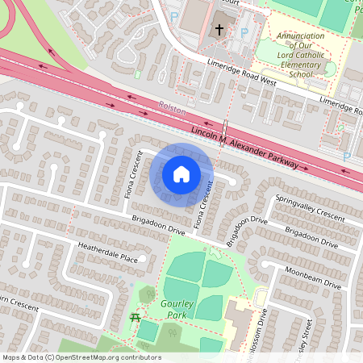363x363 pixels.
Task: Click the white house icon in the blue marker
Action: click(x=181, y=173)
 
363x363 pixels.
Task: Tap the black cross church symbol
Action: click(x=218, y=31)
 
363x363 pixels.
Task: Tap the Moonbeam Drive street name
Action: click(x=312, y=274)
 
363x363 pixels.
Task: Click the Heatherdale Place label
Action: click(x=107, y=253)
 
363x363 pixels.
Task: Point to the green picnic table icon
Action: click(x=135, y=319)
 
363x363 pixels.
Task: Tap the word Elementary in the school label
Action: click(x=289, y=65)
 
